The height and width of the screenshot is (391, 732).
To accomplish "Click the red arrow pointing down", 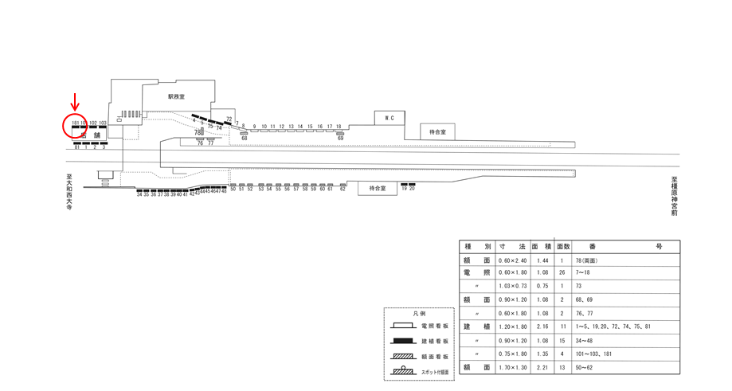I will pyautogui.click(x=76, y=102).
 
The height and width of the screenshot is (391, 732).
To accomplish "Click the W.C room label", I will pyautogui.click(x=389, y=119).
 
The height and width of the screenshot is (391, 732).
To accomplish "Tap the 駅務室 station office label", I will pyautogui.click(x=176, y=96).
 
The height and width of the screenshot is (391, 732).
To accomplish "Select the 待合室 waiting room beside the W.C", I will pyautogui.click(x=437, y=132).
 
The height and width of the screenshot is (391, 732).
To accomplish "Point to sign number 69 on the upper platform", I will pyautogui.click(x=340, y=139).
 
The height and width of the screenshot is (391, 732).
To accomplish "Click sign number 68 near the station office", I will pyautogui.click(x=244, y=139).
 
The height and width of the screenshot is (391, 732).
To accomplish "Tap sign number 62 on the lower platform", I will pyautogui.click(x=343, y=189).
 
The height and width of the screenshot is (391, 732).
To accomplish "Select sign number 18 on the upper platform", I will pyautogui.click(x=339, y=127).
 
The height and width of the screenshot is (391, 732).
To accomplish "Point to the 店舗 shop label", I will pyautogui.click(x=90, y=135).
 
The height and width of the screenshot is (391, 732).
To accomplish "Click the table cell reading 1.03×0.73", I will pyautogui.click(x=514, y=286).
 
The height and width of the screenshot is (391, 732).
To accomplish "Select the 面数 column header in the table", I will pyautogui.click(x=562, y=247).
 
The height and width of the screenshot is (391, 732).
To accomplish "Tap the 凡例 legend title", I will pyautogui.click(x=419, y=315).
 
